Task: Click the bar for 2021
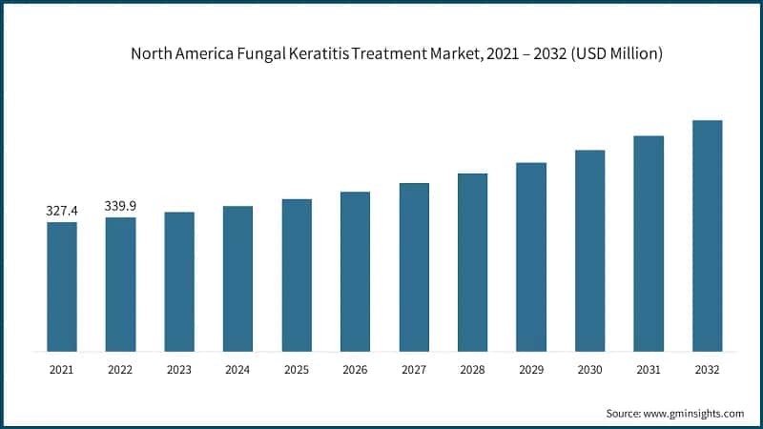62,286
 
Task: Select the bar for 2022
120,284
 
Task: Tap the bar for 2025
297,275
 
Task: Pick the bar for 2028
472,262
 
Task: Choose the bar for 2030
589,250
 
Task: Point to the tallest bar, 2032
707,235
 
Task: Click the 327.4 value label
62,211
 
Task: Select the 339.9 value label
120,205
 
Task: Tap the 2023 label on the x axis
179,369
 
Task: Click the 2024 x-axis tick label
237,369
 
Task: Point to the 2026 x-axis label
355,369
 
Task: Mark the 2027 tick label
414,369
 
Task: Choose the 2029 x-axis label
531,369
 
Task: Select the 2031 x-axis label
649,369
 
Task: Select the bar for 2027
414,267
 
